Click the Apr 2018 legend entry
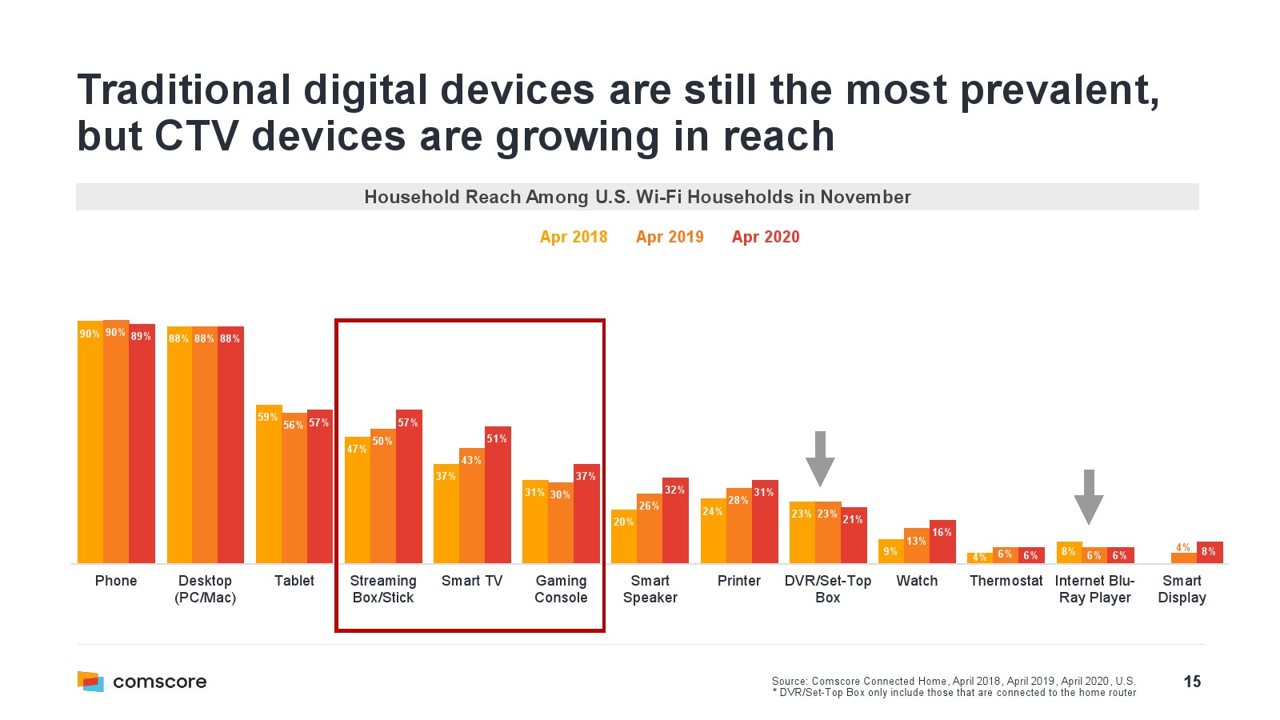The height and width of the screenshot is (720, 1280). click(x=574, y=237)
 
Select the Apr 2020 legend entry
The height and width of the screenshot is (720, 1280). click(x=766, y=237)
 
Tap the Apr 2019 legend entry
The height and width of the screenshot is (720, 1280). click(x=670, y=237)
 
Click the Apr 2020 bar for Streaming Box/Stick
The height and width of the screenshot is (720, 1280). click(x=409, y=488)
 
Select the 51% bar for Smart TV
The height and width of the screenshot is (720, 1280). click(x=498, y=496)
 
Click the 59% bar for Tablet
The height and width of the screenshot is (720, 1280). click(x=268, y=484)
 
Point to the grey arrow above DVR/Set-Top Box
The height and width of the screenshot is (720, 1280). click(x=820, y=458)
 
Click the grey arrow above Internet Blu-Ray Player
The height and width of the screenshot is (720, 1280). click(x=1088, y=497)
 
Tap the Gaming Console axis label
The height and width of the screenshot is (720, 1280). click(x=561, y=589)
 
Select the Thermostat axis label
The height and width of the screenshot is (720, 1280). click(x=1006, y=581)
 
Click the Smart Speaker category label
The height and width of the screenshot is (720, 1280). click(x=650, y=589)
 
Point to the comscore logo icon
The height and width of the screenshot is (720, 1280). click(x=90, y=681)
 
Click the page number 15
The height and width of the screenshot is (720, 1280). click(x=1192, y=682)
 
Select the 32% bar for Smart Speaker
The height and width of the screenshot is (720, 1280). click(x=675, y=522)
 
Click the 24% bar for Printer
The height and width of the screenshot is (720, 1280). click(x=713, y=531)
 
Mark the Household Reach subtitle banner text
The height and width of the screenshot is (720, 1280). click(x=637, y=197)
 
